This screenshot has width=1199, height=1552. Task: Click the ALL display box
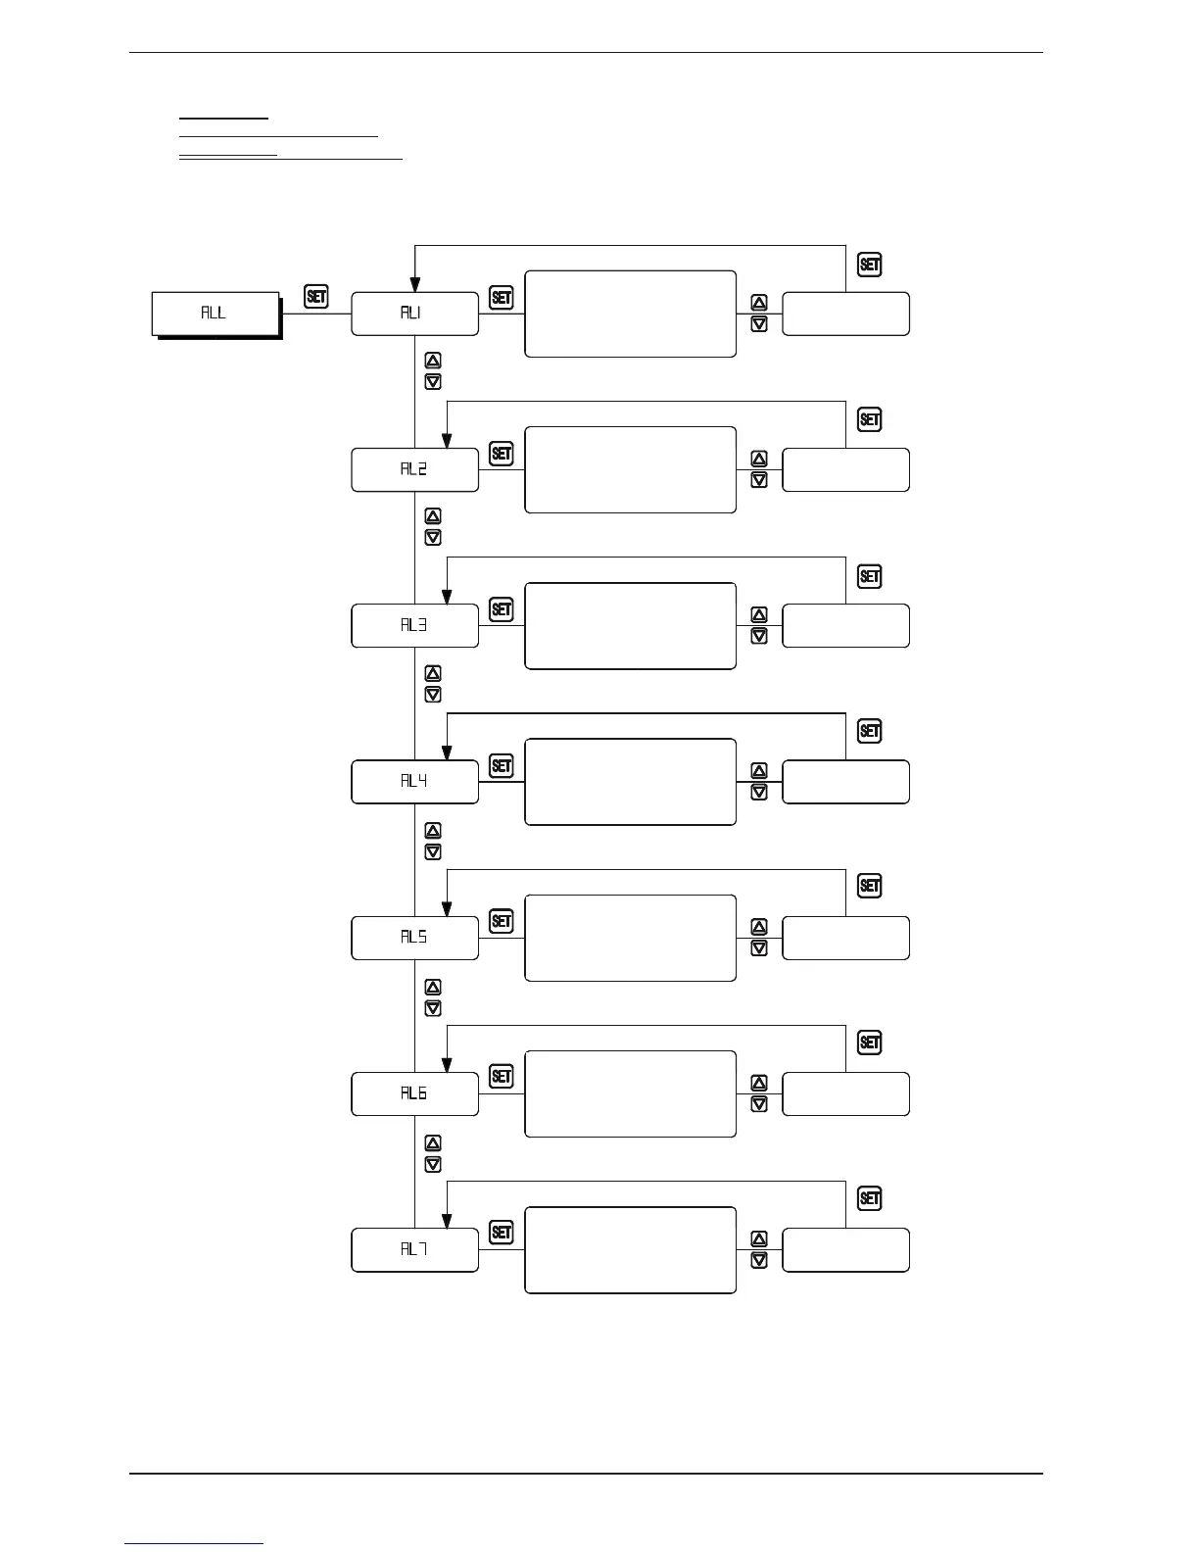click(x=216, y=314)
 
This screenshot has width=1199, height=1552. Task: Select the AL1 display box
click(x=414, y=314)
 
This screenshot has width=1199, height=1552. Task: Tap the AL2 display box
click(x=414, y=469)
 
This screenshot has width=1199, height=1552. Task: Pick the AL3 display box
click(x=414, y=625)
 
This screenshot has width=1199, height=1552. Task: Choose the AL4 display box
click(x=414, y=781)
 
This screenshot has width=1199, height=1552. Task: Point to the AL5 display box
click(x=414, y=938)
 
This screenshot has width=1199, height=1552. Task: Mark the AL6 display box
click(x=414, y=1093)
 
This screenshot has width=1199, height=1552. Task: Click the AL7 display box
click(x=414, y=1249)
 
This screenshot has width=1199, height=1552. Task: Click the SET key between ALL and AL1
click(x=316, y=296)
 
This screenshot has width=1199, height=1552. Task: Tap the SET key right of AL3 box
click(x=501, y=609)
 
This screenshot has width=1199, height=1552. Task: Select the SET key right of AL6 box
click(x=501, y=1077)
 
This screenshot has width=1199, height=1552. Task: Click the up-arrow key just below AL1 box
click(x=433, y=361)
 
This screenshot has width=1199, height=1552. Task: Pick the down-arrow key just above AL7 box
click(x=433, y=1164)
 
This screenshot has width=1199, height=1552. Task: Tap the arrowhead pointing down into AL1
click(x=415, y=282)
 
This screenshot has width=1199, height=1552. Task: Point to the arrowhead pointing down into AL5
click(x=447, y=906)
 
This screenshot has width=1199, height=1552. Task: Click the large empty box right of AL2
click(x=630, y=469)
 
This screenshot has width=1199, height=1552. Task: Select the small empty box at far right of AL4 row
click(x=845, y=781)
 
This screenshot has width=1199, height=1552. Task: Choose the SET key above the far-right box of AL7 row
click(x=869, y=1198)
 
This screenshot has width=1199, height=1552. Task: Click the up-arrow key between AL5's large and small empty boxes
click(x=758, y=927)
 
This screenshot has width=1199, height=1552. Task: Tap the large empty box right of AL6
click(x=630, y=1093)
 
